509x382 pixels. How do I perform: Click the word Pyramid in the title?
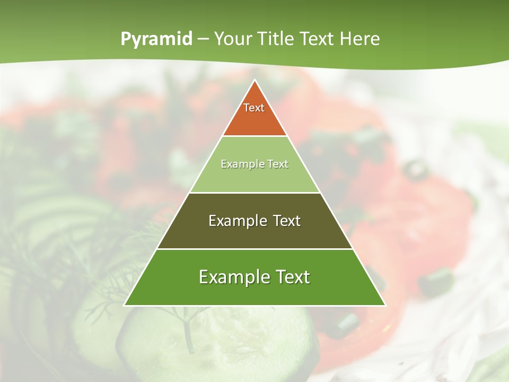(x=156, y=39)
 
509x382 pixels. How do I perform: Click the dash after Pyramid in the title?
(x=203, y=39)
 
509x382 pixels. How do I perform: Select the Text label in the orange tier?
(x=254, y=108)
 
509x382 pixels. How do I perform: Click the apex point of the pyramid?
(x=255, y=81)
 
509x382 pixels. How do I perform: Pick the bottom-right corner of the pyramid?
(x=385, y=305)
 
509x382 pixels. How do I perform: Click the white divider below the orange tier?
(x=255, y=136)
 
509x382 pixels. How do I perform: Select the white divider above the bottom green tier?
(x=255, y=249)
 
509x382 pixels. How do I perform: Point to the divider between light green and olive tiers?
(x=255, y=193)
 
